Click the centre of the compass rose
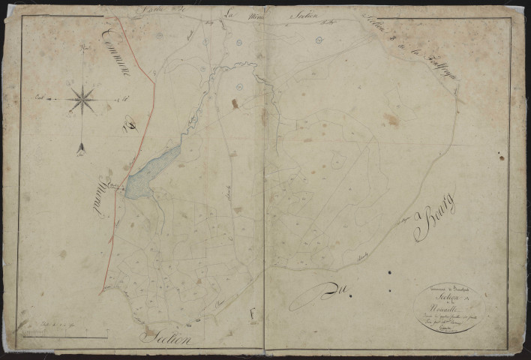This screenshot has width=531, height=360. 82,98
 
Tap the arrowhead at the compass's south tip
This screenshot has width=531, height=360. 81,150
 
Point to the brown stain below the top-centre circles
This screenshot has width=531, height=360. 235,103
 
